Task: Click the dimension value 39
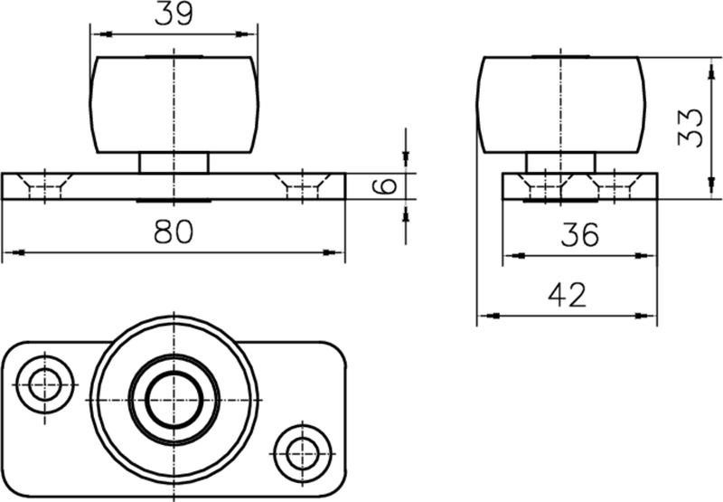click(174, 14)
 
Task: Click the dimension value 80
click(174, 232)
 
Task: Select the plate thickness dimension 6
click(385, 187)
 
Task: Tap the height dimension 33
click(690, 128)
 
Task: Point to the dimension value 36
click(578, 235)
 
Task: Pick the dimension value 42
click(568, 295)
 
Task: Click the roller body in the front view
click(174, 104)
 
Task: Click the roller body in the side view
click(561, 104)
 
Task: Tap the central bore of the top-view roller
click(174, 399)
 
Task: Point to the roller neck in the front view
click(174, 163)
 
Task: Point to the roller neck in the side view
click(561, 163)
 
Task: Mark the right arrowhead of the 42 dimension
click(649, 316)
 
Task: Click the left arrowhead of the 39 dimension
click(99, 34)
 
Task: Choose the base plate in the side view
click(579, 187)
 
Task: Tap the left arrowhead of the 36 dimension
click(511, 256)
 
